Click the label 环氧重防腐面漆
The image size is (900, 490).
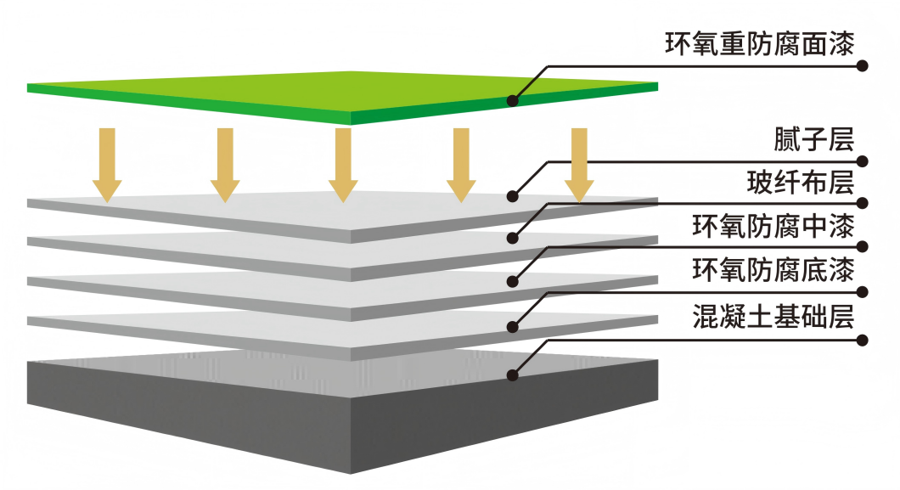(x=758, y=42)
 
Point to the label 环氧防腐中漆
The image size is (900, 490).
(x=772, y=227)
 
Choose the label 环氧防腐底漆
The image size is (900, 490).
(x=772, y=271)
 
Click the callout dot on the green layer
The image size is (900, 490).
(x=513, y=100)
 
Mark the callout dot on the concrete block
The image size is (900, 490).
(x=513, y=374)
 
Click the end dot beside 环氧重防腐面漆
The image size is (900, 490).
(x=863, y=65)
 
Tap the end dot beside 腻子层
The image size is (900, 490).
(x=863, y=161)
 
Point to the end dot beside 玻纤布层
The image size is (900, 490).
(x=863, y=202)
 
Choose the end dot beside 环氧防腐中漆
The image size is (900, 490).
(x=863, y=246)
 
